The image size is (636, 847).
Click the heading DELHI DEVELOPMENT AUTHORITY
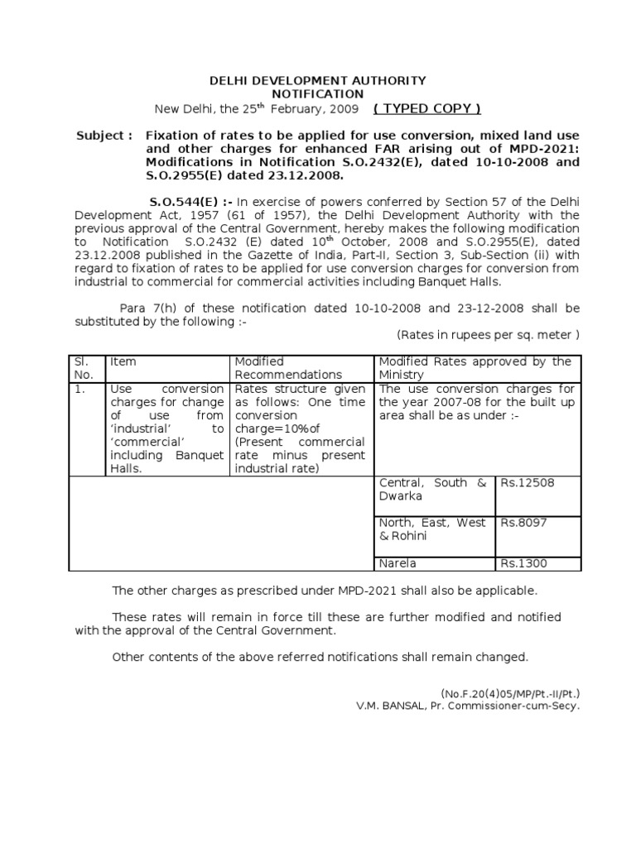[x=317, y=80]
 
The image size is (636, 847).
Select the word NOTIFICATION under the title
[x=317, y=94]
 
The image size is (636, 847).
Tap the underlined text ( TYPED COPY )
[x=426, y=109]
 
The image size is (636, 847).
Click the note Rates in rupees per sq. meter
[x=488, y=335]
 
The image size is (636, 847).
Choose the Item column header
[x=123, y=362]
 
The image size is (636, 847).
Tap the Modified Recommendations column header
[x=287, y=368]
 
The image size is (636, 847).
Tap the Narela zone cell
[x=397, y=563]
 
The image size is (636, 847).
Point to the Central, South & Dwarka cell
[x=432, y=490]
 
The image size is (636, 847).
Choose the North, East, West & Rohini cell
[x=432, y=529]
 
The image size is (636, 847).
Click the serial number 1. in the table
[x=79, y=389]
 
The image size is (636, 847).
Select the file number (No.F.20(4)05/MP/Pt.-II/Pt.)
[x=510, y=694]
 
